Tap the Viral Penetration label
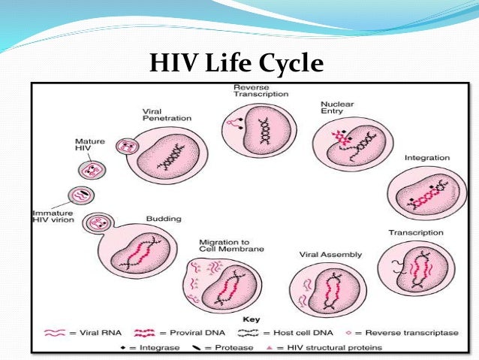(167, 114)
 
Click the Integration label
(426, 158)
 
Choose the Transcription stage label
(415, 232)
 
